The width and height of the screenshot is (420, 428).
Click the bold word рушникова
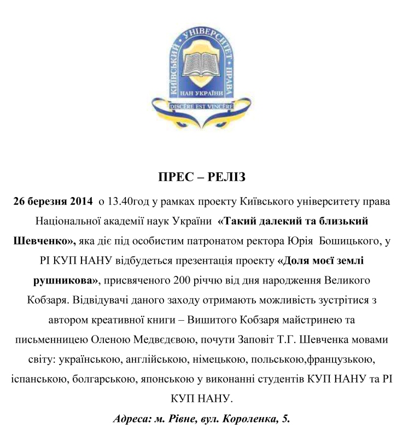click(61, 281)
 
